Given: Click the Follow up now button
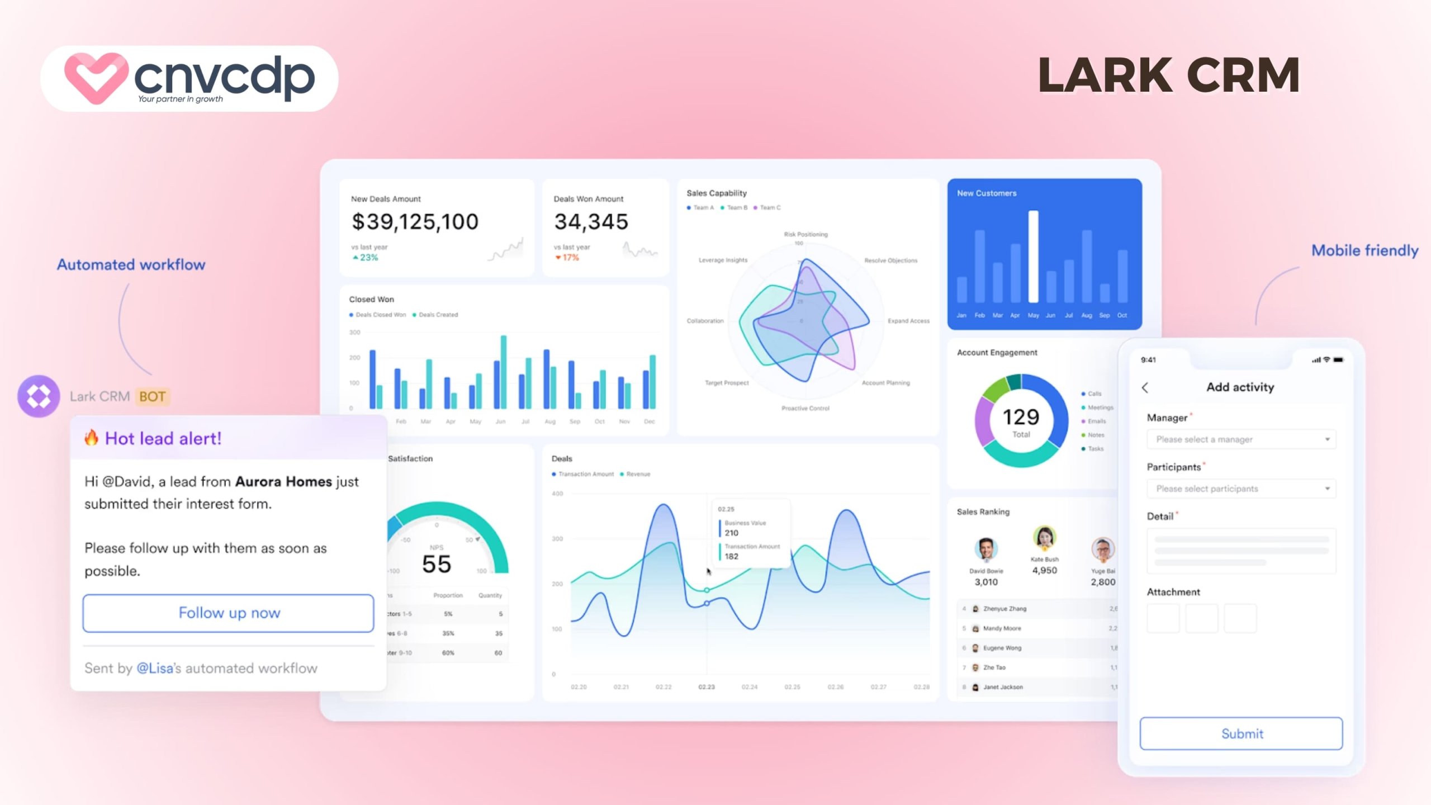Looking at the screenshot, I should [228, 613].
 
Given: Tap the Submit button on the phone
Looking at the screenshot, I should [1241, 733].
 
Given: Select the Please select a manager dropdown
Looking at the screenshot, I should [1241, 439].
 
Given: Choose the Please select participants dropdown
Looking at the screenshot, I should [1241, 489].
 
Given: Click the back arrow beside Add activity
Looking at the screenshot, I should [1145, 387].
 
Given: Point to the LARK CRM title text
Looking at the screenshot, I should [1168, 75].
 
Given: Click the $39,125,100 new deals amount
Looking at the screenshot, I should [415, 222].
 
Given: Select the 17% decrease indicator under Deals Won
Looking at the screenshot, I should [567, 258].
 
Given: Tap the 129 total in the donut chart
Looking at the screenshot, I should [1021, 417].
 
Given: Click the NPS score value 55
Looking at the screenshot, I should [437, 564].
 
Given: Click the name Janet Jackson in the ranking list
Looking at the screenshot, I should [1003, 687].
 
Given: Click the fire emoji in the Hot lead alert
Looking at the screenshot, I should [91, 438].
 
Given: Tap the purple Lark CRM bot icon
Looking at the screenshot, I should [39, 396].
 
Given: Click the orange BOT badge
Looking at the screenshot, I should [152, 396].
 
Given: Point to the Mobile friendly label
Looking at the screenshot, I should [1364, 250].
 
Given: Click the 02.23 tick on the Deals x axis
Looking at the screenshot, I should [707, 687].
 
